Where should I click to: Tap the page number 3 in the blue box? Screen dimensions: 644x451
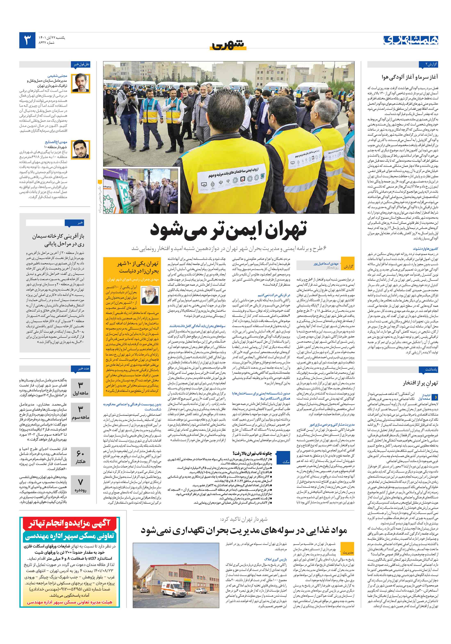[x=27, y=40]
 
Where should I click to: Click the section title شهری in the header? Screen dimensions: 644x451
[x=228, y=45]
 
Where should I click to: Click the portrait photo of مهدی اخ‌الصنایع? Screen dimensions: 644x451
[x=81, y=149]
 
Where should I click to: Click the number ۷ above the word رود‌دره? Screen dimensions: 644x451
[x=80, y=482]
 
